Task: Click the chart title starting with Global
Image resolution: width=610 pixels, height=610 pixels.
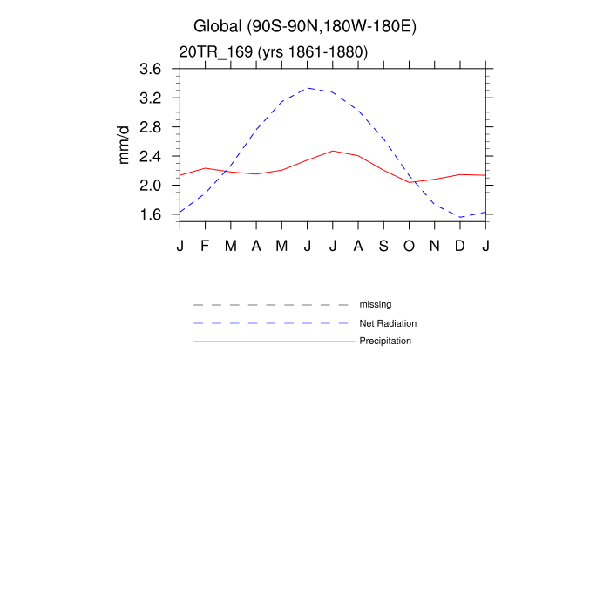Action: click(305, 26)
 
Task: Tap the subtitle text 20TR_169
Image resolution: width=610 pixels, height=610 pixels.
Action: click(273, 52)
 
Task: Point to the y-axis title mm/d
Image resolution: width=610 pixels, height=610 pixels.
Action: click(124, 145)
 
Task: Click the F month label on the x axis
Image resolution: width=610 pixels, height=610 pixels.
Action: click(206, 246)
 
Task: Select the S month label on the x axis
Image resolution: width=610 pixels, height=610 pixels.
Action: click(383, 246)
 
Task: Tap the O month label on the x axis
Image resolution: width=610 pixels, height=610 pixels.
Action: click(409, 246)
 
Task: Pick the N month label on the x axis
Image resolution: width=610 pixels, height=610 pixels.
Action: click(435, 246)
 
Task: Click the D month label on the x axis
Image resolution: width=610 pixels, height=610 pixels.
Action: click(460, 246)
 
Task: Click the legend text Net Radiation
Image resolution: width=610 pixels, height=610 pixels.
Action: click(388, 323)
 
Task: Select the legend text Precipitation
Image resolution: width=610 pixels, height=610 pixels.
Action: click(385, 341)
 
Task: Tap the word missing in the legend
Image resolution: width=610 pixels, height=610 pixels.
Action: click(376, 305)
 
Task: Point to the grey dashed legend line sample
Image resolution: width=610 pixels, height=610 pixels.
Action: click(274, 305)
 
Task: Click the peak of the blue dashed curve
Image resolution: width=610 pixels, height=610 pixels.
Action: click(308, 88)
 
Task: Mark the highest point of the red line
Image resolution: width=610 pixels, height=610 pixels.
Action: click(333, 151)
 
